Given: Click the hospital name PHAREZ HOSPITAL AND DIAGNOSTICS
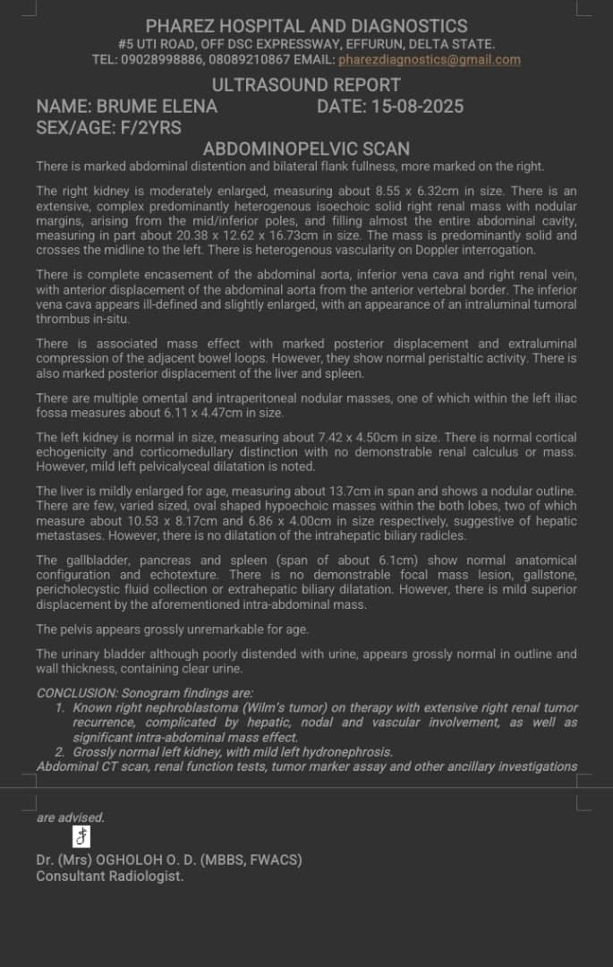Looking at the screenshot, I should click(x=306, y=27).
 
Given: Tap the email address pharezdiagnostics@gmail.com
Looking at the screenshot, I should click(x=429, y=60).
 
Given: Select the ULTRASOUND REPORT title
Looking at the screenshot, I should click(x=306, y=85).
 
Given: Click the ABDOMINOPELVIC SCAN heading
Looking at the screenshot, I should click(x=306, y=149).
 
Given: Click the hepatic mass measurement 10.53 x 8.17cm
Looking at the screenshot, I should click(x=130, y=521).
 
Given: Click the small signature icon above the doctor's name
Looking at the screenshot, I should click(x=81, y=836).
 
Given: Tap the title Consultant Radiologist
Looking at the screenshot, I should click(x=110, y=877).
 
